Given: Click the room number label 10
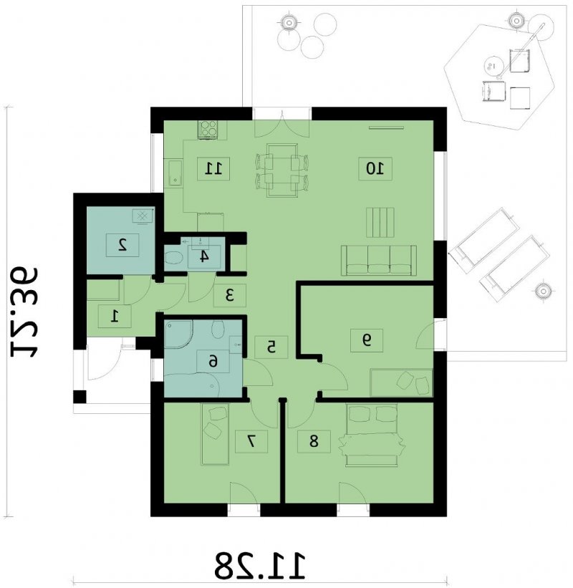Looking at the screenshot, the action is [375, 169].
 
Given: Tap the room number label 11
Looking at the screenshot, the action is [213, 169].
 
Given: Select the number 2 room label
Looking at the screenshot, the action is [122, 245].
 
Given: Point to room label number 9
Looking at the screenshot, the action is [367, 340].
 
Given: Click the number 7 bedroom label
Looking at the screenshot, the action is [251, 441].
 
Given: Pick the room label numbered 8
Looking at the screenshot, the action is [314, 441].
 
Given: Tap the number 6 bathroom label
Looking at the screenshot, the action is [213, 362].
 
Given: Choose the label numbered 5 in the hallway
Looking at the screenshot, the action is [271, 347].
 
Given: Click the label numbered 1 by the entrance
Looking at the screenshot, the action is [115, 317].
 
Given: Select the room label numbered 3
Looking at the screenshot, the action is [230, 296].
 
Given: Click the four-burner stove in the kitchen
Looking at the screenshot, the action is [208, 130].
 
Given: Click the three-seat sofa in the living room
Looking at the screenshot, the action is [379, 261].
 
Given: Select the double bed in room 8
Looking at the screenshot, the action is [372, 435].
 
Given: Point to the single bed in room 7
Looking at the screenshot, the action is [215, 434].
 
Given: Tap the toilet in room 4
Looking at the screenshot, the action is [173, 258].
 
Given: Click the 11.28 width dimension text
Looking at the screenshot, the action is [260, 565].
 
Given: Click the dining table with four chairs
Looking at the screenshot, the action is [282, 170].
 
